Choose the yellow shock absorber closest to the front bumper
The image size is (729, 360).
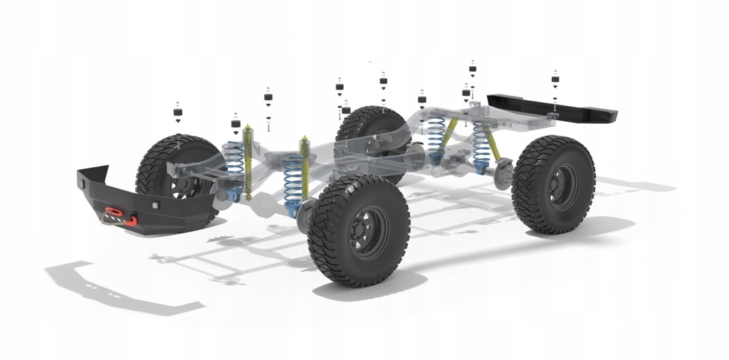click(x=248, y=160)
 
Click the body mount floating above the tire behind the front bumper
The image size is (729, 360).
click(x=177, y=111)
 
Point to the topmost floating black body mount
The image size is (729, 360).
click(x=472, y=70)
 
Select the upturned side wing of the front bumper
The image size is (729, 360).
click(x=93, y=175)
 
